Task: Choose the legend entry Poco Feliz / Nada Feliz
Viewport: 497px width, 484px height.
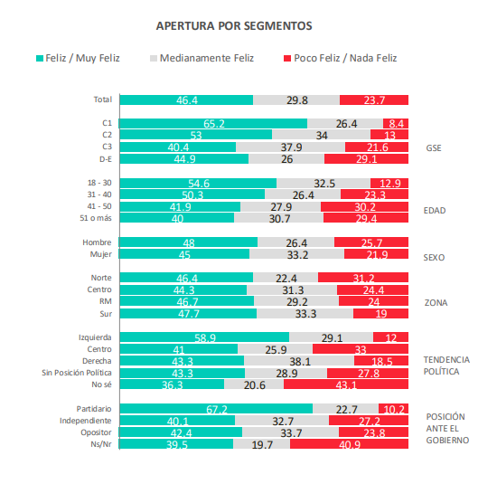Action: coord(339,58)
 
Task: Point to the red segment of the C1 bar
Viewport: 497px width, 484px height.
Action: coord(396,122)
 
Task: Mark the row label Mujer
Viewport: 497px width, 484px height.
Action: coord(99,254)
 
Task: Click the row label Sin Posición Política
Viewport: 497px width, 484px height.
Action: coord(74,373)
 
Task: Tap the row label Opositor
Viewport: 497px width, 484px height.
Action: coord(96,432)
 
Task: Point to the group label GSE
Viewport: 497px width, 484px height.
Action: coord(435,147)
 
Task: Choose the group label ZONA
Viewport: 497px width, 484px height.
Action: coord(437,302)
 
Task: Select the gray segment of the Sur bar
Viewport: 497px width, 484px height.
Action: coord(305,314)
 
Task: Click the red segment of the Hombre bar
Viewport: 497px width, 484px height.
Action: coord(370,242)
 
